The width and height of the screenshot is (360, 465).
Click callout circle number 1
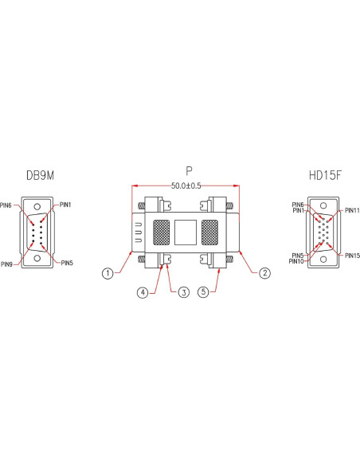tap(107, 274)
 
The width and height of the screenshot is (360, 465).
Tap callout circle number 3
tap(183, 293)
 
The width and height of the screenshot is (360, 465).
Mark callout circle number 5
tap(204, 293)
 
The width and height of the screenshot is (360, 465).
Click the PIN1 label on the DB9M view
tap(64, 205)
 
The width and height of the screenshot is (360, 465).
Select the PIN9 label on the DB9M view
tap(7, 264)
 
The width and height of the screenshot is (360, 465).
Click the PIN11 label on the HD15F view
tap(351, 211)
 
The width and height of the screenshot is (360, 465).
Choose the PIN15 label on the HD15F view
tap(351, 255)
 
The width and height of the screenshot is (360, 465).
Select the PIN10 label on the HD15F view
tap(295, 261)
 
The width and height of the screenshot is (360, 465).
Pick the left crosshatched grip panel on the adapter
tap(162, 232)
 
